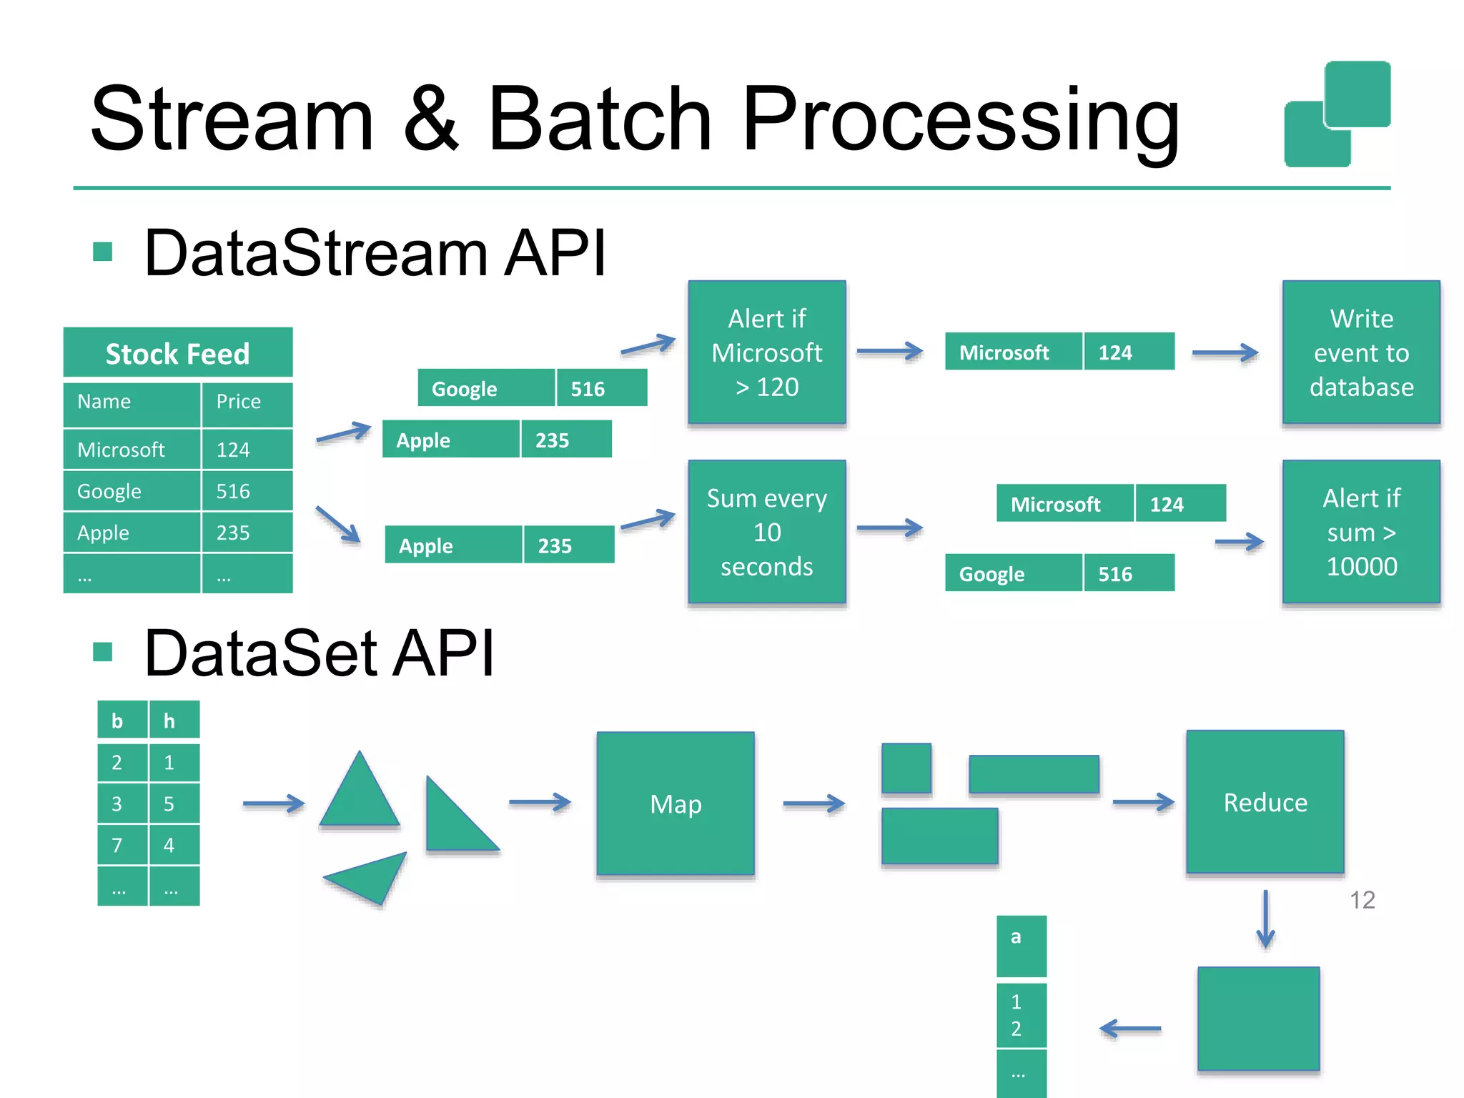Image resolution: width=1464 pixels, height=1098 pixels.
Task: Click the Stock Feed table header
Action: click(177, 353)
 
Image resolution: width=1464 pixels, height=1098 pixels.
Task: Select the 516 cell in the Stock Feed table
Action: click(246, 491)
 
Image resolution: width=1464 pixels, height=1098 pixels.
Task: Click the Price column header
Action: click(246, 402)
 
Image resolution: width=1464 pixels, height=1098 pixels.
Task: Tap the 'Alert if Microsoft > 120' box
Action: click(766, 353)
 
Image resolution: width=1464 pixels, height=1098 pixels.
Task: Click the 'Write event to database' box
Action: click(1360, 353)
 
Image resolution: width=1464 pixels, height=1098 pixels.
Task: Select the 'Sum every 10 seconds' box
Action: click(766, 533)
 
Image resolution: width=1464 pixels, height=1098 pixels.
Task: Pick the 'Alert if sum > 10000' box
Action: click(1360, 533)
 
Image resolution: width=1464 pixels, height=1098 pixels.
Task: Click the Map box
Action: click(676, 803)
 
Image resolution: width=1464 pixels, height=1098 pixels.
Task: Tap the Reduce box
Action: click(1265, 802)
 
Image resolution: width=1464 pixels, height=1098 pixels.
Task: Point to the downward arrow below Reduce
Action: click(1265, 919)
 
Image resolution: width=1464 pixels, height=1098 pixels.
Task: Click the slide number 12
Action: click(1362, 900)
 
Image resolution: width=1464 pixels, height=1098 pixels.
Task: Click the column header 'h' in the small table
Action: click(174, 721)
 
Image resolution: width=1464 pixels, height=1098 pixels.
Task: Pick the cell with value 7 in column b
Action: click(122, 846)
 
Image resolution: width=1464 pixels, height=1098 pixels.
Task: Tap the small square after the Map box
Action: click(906, 768)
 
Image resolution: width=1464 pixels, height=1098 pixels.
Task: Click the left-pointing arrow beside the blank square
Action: click(1130, 1029)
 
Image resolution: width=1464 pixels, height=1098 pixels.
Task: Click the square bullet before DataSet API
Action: click(103, 652)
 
